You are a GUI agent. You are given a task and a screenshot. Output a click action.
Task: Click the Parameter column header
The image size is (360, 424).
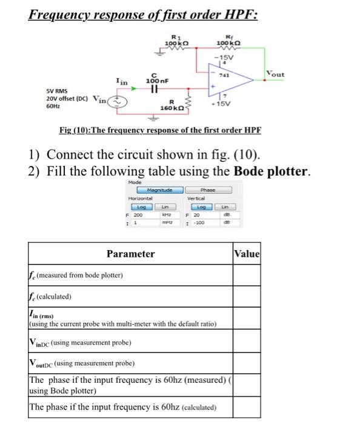tap(130, 254)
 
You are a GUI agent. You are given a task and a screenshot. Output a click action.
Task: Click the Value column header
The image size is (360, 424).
tap(247, 254)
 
